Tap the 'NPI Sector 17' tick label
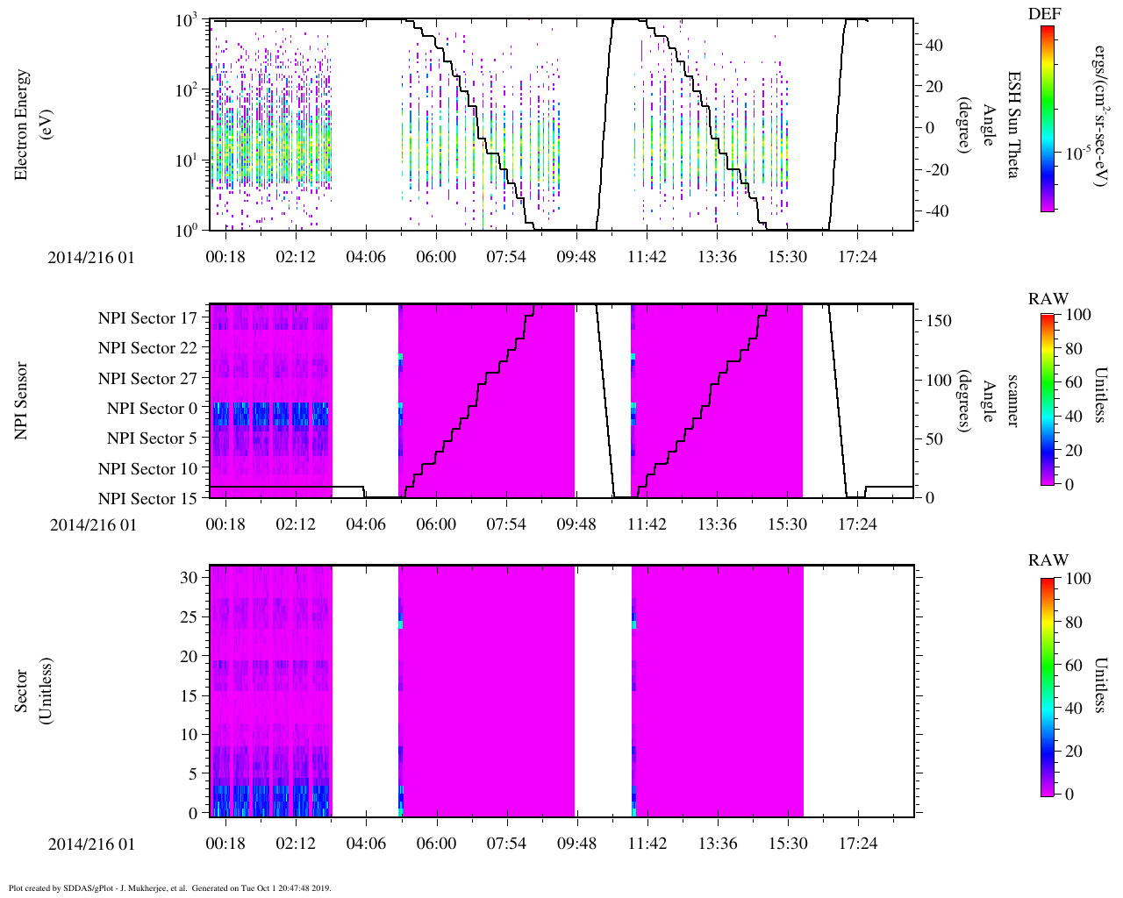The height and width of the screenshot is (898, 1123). [147, 318]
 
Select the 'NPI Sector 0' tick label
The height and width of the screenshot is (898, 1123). [152, 409]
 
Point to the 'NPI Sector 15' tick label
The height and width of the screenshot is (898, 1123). [147, 499]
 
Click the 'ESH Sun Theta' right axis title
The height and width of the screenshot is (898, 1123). [1013, 125]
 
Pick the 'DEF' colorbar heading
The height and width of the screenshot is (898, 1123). [1044, 13]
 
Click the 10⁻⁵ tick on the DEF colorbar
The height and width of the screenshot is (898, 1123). [1077, 153]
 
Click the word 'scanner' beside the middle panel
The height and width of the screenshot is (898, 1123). [1013, 401]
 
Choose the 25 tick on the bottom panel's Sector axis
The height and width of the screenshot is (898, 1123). [189, 617]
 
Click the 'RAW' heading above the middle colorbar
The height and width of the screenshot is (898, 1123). [1048, 299]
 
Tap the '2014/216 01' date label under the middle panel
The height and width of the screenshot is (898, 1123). [92, 525]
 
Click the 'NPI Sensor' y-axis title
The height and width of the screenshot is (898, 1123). [21, 401]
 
